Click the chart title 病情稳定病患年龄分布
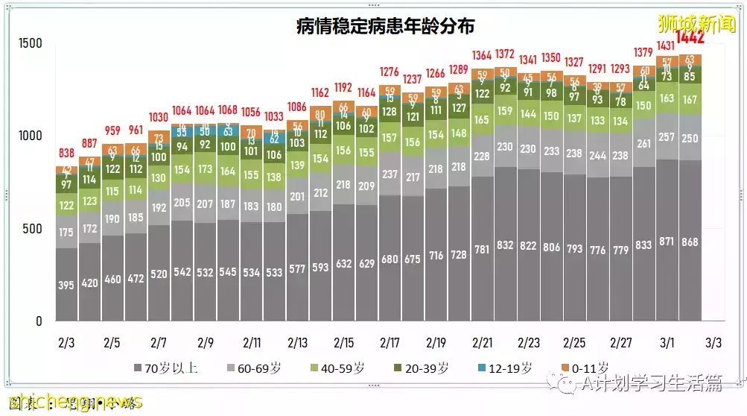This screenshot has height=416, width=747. pos(385,26)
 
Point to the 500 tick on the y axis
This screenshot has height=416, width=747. pos(33,229)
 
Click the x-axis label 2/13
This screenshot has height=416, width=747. pos(297,344)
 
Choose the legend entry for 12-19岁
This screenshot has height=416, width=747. pos(506,368)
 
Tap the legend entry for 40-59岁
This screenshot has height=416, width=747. pos(339,368)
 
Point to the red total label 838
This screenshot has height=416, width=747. pos(66,152)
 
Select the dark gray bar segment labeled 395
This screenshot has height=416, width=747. pos(66,285)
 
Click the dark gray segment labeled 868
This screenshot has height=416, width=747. pos(690,242)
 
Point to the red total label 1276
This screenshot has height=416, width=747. pos(390,72)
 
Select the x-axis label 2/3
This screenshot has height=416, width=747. pos(66,344)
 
